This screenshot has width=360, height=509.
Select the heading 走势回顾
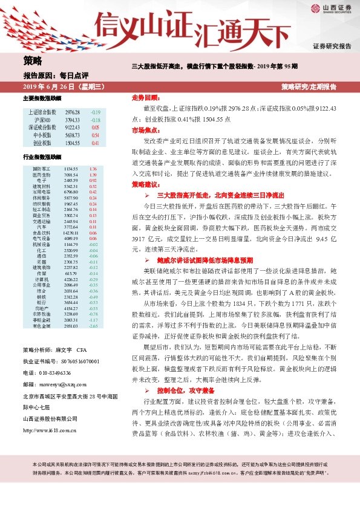(146, 97)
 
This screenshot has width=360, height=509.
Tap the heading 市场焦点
(146, 130)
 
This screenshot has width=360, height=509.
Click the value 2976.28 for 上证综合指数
(73, 112)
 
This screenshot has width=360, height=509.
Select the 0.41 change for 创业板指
(95, 144)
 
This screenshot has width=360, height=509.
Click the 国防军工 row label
(42, 169)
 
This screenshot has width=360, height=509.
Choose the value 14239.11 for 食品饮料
(71, 232)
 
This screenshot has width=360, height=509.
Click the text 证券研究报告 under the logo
(332, 46)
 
